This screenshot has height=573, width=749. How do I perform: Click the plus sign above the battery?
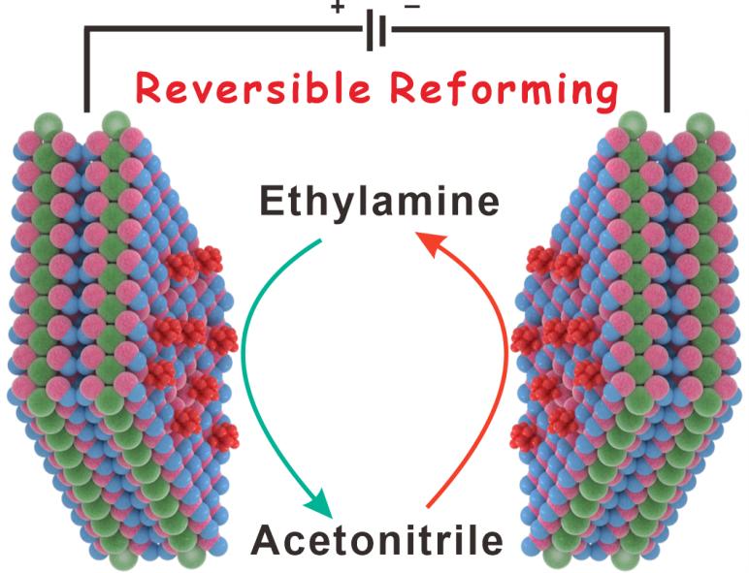coord(339,8)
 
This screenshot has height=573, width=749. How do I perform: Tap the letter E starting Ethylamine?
coord(273,203)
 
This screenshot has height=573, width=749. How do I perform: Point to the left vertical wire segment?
coord(88,73)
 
